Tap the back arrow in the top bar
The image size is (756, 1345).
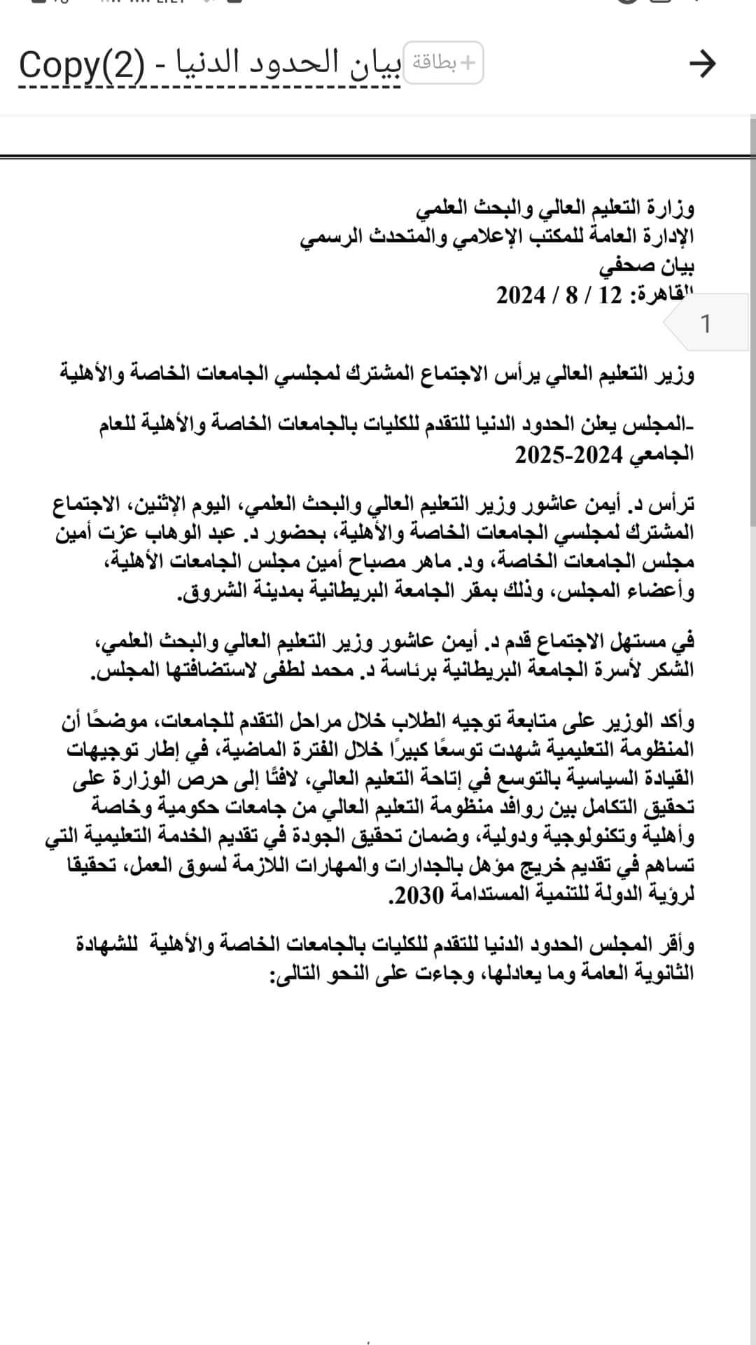pos(702,64)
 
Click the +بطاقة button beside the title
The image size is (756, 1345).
pos(444,64)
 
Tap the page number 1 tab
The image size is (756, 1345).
pos(706,324)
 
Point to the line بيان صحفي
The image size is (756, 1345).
pos(647,266)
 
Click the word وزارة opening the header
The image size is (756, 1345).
pos(673,208)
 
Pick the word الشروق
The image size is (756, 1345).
pos(206,591)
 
